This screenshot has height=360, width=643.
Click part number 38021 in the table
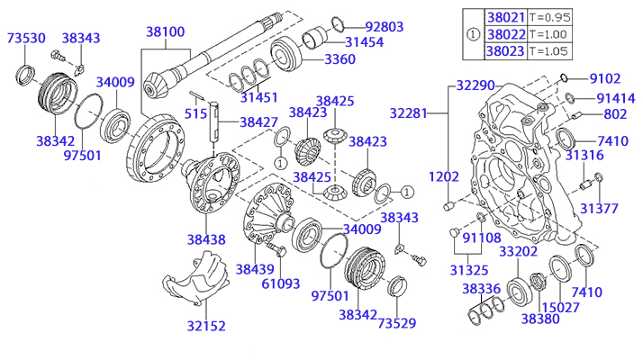(x=506, y=17)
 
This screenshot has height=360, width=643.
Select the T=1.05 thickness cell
(x=548, y=51)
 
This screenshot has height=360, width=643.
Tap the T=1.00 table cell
(x=548, y=34)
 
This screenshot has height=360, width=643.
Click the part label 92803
(x=385, y=27)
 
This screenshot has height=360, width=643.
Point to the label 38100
(x=166, y=31)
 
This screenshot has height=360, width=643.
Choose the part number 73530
(x=26, y=38)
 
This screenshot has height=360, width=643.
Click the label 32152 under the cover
(x=206, y=326)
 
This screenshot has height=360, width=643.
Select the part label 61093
(x=281, y=283)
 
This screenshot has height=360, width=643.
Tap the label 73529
(x=397, y=323)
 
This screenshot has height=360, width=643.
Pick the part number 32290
(x=475, y=85)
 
